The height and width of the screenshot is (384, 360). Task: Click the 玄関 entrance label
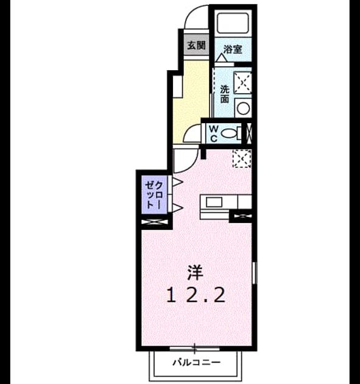pos(196,46)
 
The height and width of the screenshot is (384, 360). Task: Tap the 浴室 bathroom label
pos(233,49)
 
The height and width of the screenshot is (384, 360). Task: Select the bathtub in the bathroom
pos(233,23)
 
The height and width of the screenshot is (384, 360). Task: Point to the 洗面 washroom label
pos(224,94)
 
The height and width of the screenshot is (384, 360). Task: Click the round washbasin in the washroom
pos(243,108)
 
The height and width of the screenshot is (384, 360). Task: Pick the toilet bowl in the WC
pos(229,133)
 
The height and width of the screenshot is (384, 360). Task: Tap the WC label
pos(214,133)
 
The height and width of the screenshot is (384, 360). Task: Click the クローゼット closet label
pos(154,195)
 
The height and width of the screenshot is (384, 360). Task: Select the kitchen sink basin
pos(214,202)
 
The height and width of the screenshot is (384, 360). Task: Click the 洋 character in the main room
pos(196,273)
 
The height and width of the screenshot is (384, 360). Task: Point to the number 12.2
pos(196,295)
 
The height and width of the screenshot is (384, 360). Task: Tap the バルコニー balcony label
pos(197,362)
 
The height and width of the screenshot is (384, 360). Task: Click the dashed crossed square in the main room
pos(242,158)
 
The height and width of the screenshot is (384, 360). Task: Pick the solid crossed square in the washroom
pos(242,82)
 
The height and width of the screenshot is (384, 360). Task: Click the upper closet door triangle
pos(178,182)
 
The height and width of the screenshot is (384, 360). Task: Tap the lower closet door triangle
pos(178,208)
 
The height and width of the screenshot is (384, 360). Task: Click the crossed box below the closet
pos(155,222)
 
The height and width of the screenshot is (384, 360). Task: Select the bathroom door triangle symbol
pos(222,58)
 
